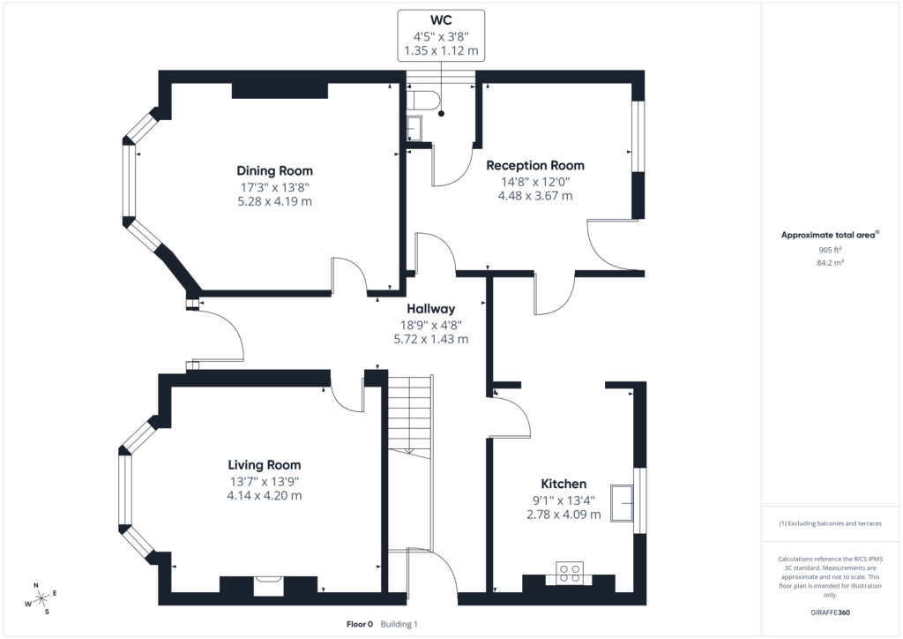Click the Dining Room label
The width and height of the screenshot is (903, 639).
click(x=275, y=170)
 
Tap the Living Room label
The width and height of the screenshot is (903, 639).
click(x=265, y=465)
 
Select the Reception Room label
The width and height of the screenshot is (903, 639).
click(x=535, y=165)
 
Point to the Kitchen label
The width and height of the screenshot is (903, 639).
click(x=563, y=484)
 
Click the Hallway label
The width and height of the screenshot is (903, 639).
click(x=430, y=309)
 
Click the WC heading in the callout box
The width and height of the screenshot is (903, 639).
click(x=441, y=21)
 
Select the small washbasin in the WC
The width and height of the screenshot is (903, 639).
click(x=414, y=128)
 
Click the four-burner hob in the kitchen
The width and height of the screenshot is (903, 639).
click(x=570, y=573)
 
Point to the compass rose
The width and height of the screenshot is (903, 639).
click(x=41, y=599)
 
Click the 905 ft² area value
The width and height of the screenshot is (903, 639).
click(x=830, y=250)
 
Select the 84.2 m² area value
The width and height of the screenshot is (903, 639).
click(x=831, y=263)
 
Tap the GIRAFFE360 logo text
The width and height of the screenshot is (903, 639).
click(x=830, y=613)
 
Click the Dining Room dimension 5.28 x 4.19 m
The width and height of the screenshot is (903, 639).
click(x=275, y=201)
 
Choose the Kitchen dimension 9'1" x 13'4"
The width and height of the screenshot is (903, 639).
click(x=563, y=500)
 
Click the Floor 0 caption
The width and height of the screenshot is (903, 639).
click(x=360, y=624)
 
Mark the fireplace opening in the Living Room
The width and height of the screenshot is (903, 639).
click(x=268, y=585)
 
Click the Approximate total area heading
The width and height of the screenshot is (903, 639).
click(x=830, y=235)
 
